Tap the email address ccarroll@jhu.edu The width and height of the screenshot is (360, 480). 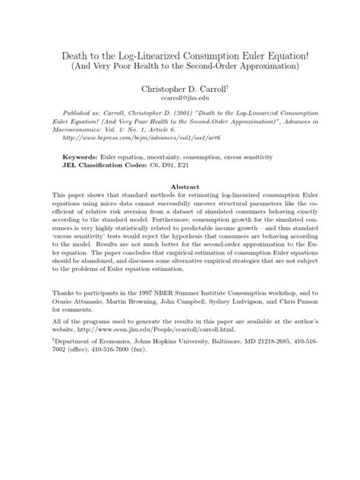pyautogui.click(x=180, y=99)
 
